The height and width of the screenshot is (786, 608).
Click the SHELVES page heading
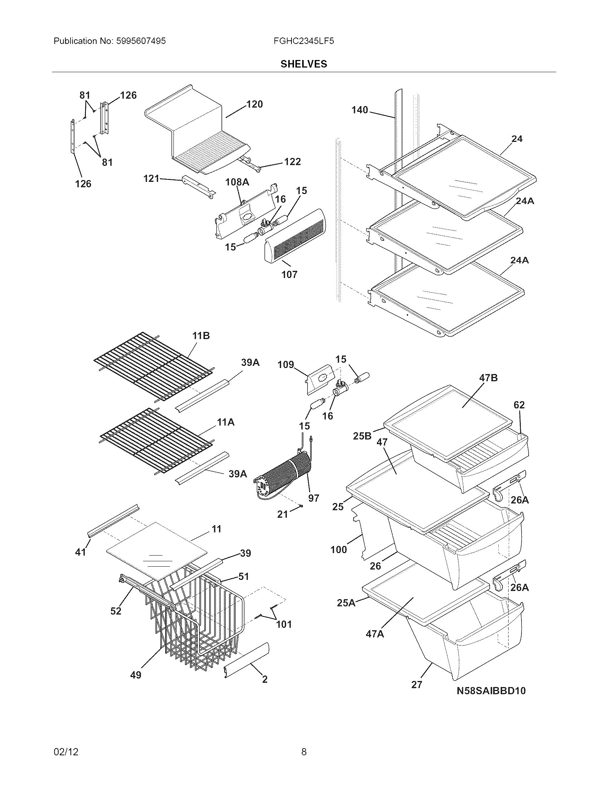coord(304,64)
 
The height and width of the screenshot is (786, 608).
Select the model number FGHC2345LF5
coord(304,41)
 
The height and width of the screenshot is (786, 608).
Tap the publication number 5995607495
coord(141,41)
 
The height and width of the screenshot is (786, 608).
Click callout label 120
coord(254,104)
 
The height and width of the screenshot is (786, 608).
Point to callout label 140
coord(360,110)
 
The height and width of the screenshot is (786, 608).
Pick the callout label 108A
coord(237,182)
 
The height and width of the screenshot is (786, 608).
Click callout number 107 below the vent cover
coord(289,275)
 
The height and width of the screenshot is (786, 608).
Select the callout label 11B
coord(201,336)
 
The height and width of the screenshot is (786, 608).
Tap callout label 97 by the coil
coord(313,498)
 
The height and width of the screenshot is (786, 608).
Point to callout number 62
coord(519,405)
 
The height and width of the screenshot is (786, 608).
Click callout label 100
coord(339,549)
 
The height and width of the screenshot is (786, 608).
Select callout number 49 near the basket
coord(136,675)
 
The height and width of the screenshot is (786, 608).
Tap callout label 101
coord(284,624)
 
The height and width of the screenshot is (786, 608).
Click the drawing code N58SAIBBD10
coord(491,691)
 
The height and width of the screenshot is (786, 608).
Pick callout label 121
coord(151,178)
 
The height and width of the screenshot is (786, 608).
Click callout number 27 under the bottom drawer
coord(416,685)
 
